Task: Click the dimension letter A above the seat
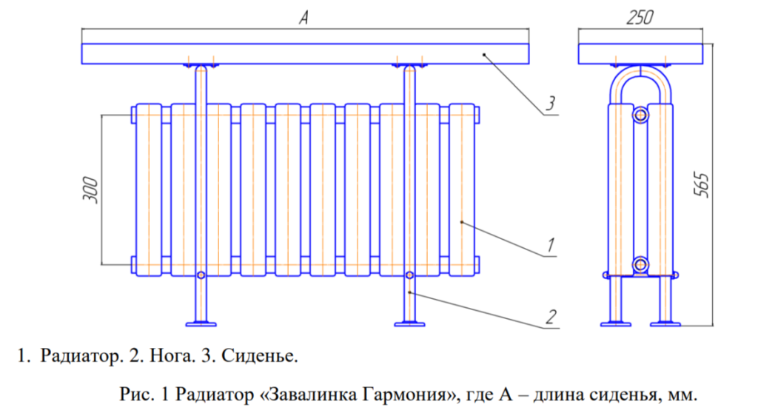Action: click(x=303, y=20)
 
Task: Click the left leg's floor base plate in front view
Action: click(x=201, y=323)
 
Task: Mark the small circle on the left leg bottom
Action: click(x=201, y=275)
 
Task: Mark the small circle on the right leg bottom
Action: click(x=409, y=275)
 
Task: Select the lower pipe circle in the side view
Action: click(x=640, y=264)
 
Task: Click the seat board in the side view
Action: click(x=640, y=54)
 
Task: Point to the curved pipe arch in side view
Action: click(x=640, y=74)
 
